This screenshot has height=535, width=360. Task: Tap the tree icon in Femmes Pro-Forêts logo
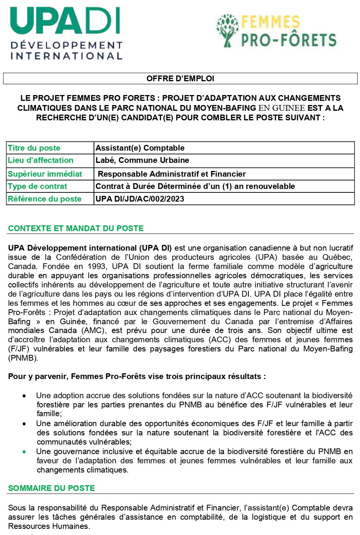tap(228, 31)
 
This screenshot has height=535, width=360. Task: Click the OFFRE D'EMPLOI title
tap(180, 79)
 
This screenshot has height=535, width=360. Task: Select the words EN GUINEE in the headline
tap(282, 108)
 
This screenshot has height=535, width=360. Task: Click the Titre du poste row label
tap(34, 148)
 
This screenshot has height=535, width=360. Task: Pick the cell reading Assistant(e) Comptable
tap(140, 148)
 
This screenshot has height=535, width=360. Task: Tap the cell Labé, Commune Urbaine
tap(142, 160)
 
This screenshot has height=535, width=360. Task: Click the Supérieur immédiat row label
tap(45, 174)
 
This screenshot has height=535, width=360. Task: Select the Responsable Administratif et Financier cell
tap(172, 174)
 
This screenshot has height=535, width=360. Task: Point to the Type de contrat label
tap(38, 186)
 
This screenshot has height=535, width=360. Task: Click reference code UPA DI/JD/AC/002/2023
tap(140, 199)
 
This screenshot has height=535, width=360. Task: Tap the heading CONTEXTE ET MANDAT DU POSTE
tap(76, 228)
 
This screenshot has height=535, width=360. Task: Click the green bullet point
tap(25, 452)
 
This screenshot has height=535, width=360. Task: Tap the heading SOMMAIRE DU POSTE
tap(51, 488)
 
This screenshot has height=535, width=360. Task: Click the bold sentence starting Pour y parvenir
tap(137, 376)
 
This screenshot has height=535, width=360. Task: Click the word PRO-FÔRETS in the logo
tap(289, 40)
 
